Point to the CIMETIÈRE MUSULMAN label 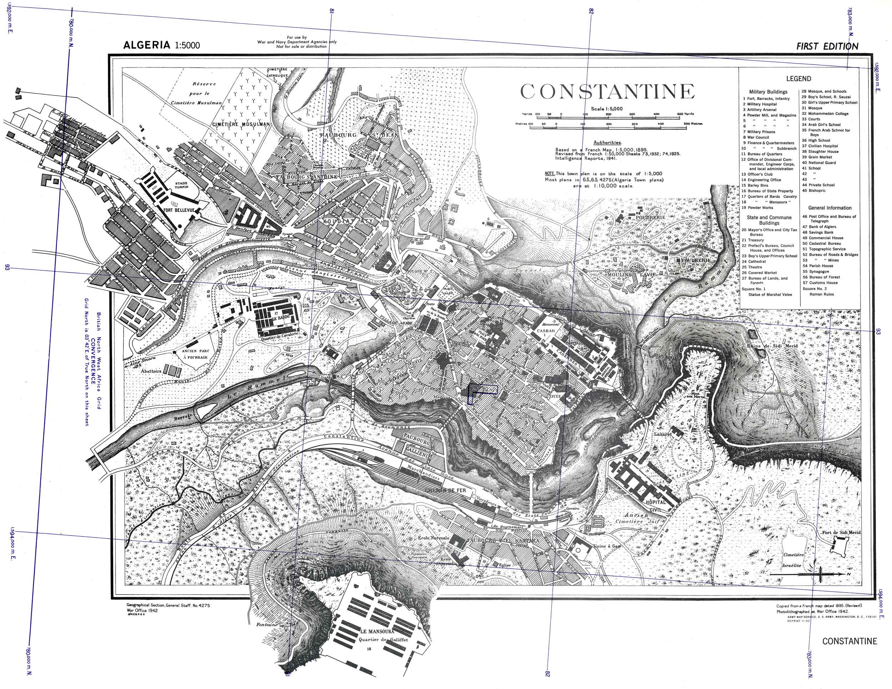(x=240, y=124)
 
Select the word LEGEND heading (x=799, y=79)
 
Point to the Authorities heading (x=607, y=143)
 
